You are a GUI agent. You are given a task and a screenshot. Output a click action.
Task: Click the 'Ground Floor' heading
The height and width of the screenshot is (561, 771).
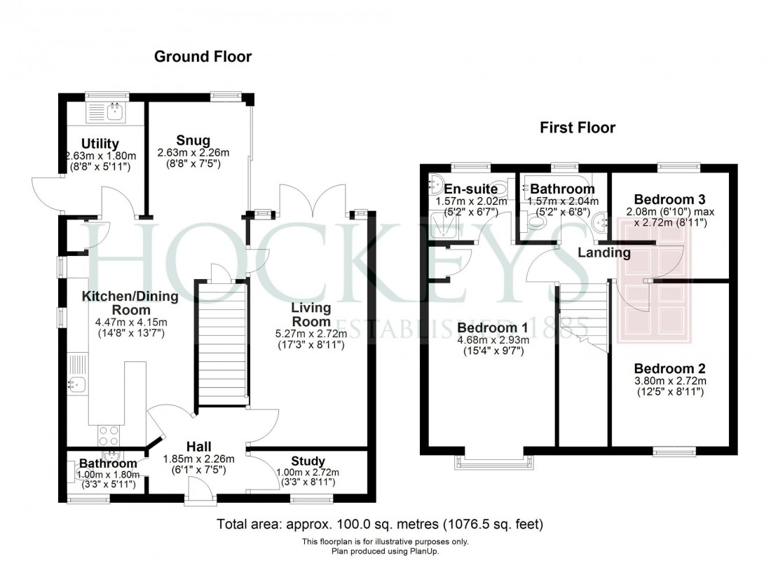click(203, 57)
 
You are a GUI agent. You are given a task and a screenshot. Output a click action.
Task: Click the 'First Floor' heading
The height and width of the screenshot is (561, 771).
click(577, 128)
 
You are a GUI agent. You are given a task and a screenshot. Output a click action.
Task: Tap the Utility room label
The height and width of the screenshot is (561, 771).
click(100, 144)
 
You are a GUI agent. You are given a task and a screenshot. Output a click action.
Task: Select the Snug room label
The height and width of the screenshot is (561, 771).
click(193, 140)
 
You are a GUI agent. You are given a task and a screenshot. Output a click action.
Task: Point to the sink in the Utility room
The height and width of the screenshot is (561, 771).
click(113, 110)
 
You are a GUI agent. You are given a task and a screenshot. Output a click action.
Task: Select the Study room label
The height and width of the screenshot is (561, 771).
click(308, 461)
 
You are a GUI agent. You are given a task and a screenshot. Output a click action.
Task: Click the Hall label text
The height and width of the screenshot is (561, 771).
click(199, 447)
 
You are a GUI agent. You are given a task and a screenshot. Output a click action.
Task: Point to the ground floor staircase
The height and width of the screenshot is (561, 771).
click(221, 344)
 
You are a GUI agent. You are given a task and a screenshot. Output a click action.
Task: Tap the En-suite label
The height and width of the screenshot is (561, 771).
click(466, 189)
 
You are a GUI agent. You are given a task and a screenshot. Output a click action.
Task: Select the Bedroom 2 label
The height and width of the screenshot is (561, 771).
click(669, 369)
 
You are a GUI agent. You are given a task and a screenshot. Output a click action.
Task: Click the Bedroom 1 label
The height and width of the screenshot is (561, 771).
click(493, 327)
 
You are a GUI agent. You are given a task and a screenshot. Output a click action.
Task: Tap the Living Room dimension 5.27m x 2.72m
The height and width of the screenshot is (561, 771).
click(311, 333)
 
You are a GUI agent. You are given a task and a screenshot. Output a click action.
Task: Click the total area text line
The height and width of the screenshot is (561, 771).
click(380, 524)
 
